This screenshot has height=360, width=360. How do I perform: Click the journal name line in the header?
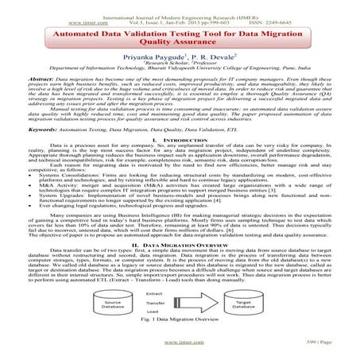tap(180, 6)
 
